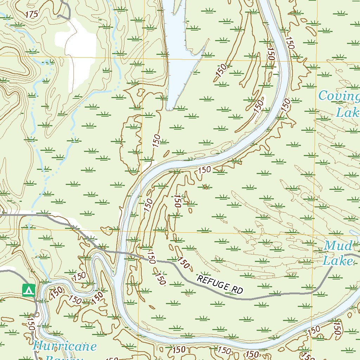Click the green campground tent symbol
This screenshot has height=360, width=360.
click(28, 290)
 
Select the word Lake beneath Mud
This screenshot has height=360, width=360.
click(337, 261)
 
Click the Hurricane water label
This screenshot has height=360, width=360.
click(65, 347)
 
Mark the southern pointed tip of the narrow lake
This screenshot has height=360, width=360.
click(170, 110)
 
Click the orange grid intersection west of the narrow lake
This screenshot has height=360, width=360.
click(143, 58)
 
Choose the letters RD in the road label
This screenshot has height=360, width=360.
click(238, 290)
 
